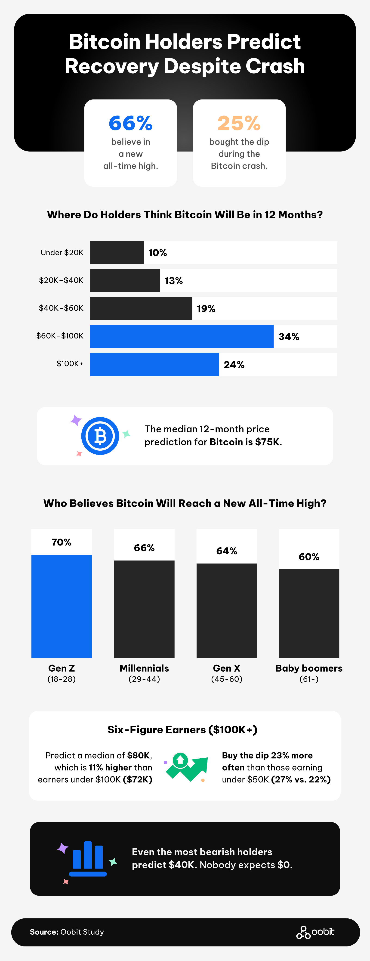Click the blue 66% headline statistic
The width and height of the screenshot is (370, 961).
coord(131,123)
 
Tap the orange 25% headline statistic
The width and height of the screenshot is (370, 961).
coord(239,123)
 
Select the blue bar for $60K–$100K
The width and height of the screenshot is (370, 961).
coord(182,336)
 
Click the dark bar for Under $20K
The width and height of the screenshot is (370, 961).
coord(117,253)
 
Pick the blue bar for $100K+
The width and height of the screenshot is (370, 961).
coord(154,364)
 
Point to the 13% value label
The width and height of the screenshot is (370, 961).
coord(174,281)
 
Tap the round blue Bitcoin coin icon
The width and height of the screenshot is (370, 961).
coord(100,436)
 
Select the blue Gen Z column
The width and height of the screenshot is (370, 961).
coord(62,606)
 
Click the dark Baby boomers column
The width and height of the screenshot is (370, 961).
coord(309,614)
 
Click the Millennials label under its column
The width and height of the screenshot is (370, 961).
coord(144,668)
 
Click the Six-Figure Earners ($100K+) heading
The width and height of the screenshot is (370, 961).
coord(182,730)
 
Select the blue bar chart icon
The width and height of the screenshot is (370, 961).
coord(88,858)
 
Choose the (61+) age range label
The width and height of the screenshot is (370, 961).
coord(309,679)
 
